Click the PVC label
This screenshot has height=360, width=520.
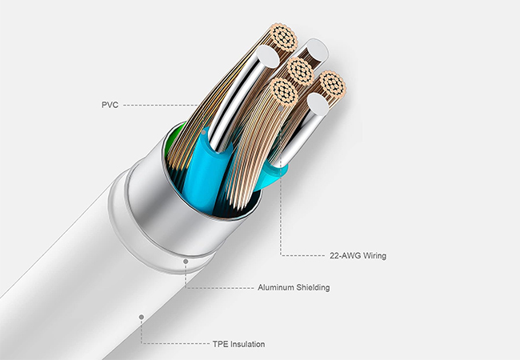click(110, 105)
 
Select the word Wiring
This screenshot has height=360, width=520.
click(374, 256)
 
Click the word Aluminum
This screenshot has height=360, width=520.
click(275, 287)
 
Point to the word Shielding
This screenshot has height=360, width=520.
click(313, 287)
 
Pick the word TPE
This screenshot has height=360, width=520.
click(220, 344)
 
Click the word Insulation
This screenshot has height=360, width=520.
click(247, 344)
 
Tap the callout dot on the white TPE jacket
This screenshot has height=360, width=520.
click(142, 318)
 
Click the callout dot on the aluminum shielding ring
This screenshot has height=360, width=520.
click(186, 262)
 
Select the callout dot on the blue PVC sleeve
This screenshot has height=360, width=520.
click(204, 133)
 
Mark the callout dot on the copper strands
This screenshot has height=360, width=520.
click(282, 108)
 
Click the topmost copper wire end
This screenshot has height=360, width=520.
click(283, 37)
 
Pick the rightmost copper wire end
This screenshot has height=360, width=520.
click(333, 84)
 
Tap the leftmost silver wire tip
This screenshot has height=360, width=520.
click(268, 56)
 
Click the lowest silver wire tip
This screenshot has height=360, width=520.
click(318, 104)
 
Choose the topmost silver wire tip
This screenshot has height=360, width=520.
click(318, 50)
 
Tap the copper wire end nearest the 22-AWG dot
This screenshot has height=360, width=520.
click(283, 91)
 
